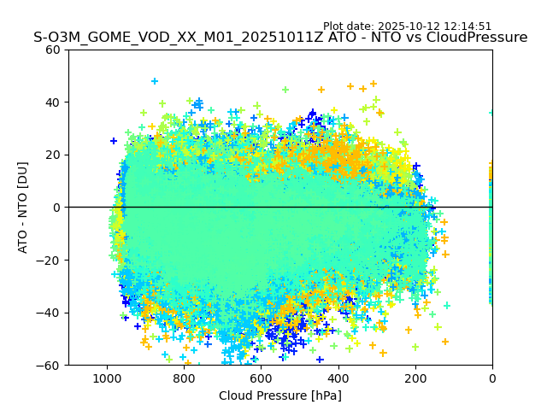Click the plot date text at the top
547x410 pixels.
407,26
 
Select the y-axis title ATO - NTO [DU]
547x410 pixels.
23,207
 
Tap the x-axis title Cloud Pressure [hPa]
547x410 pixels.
280,395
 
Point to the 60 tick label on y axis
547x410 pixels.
52,50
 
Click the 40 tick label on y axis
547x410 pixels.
52,102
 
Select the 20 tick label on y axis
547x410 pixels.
52,155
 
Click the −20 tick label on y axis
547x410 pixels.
49,260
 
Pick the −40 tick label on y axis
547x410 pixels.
49,313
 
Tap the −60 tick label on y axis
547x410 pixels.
49,366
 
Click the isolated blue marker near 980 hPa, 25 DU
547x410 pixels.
114,141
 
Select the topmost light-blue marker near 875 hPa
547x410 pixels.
155,82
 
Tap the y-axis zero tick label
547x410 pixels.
56,208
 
